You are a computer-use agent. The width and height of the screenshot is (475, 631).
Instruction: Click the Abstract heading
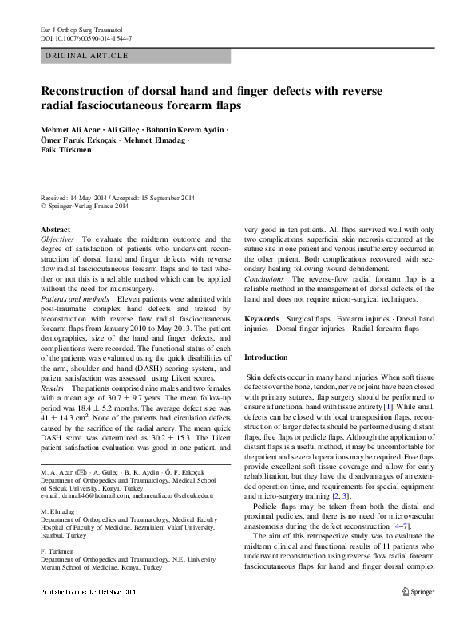click(x=55, y=229)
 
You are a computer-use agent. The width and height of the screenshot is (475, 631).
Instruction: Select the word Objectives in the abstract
click(x=57, y=239)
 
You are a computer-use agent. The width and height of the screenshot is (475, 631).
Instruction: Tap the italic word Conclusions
click(x=264, y=279)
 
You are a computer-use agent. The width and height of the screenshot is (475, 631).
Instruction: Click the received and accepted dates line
click(x=117, y=197)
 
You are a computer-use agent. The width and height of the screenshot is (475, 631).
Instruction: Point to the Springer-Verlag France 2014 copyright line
click(x=87, y=206)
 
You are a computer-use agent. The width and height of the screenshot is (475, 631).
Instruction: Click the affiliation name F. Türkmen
click(x=58, y=552)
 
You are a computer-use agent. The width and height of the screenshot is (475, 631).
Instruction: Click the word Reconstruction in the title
click(x=93, y=91)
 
